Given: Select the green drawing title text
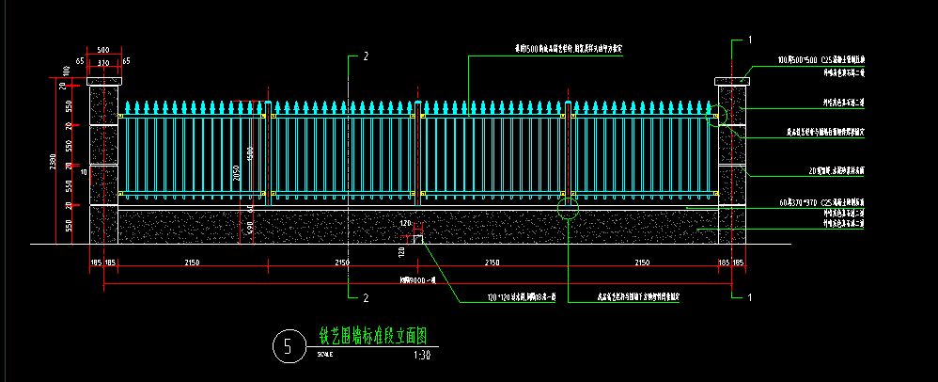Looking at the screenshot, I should click(373, 336).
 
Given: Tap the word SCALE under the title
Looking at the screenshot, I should click(324, 355).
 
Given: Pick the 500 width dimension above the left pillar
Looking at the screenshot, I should click(103, 50).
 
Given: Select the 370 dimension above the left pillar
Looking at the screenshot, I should click(103, 62).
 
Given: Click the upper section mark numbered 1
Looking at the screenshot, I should click(750, 40).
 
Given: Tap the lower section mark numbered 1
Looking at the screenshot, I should click(750, 297).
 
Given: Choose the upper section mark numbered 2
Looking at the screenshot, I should click(366, 56).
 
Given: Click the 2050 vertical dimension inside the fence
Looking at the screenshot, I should click(238, 170).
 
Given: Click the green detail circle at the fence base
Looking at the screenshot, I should click(568, 208).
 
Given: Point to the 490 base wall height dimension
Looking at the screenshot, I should click(250, 226).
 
